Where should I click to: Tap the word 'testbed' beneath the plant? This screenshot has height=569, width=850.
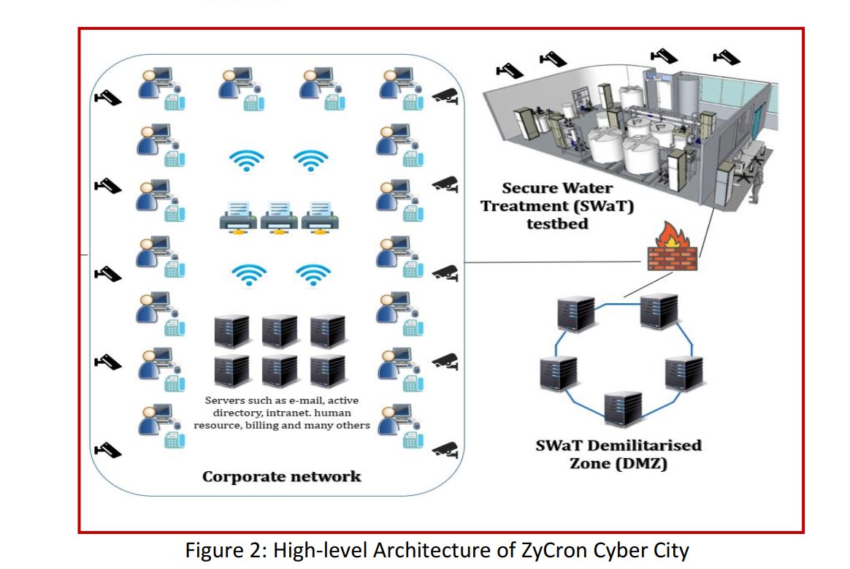coord(557,224)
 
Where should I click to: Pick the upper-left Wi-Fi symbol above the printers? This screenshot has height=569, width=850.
coord(247,159)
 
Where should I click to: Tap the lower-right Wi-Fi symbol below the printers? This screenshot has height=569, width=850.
coord(313,274)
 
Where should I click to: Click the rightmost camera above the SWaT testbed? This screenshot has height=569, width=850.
coord(726,56)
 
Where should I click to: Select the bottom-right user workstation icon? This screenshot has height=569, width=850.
coord(399,423)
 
